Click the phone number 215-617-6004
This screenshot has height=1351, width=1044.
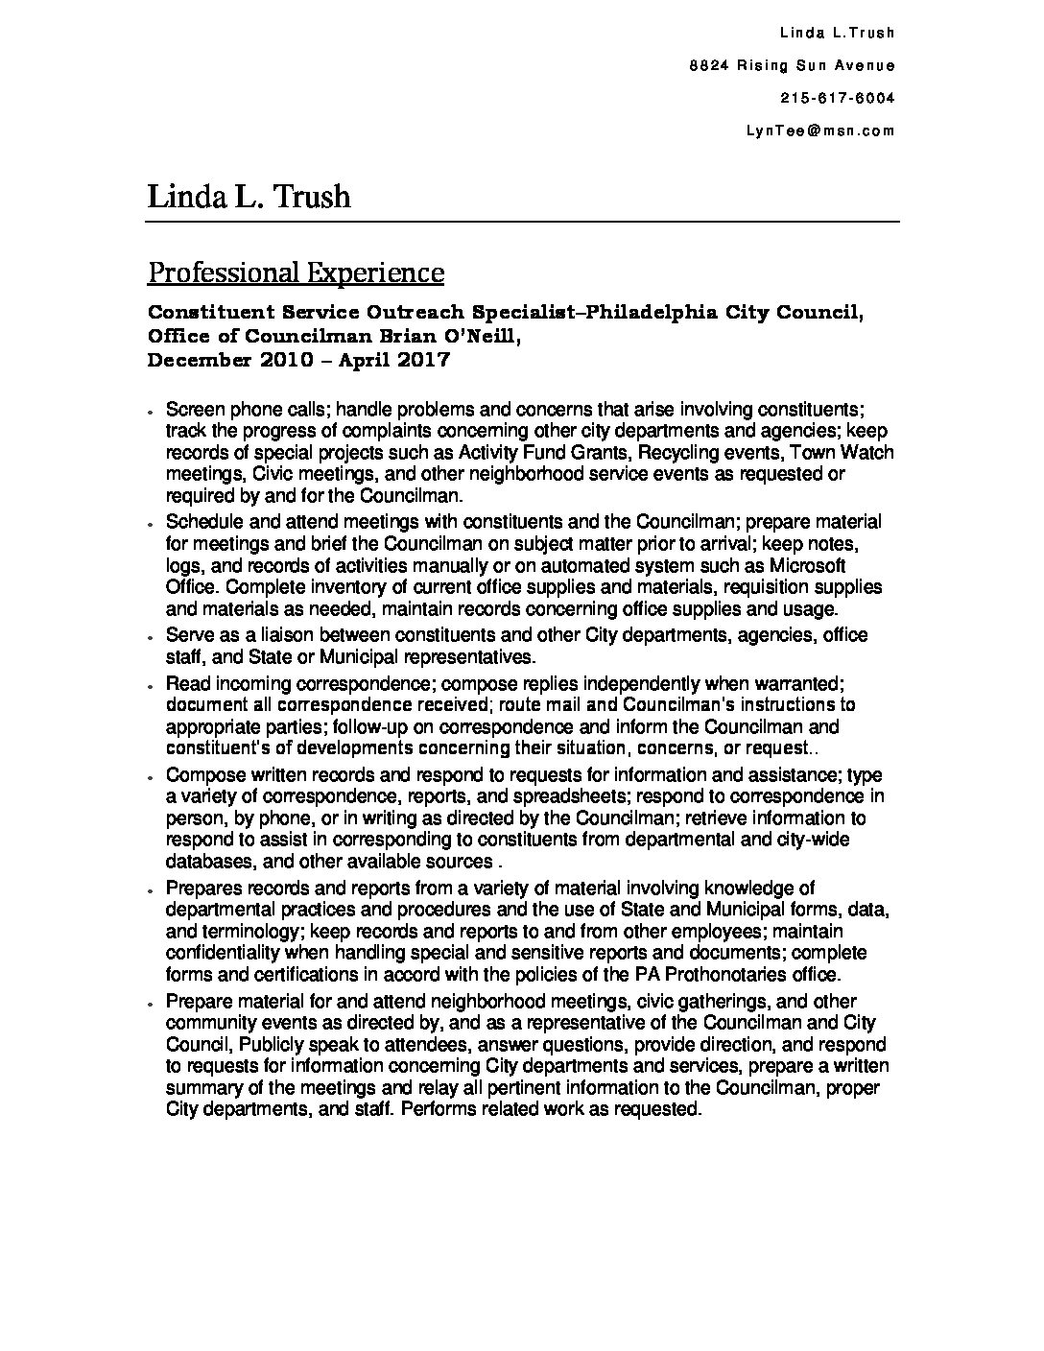pyautogui.click(x=838, y=98)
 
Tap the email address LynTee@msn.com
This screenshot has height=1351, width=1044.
pyautogui.click(x=819, y=130)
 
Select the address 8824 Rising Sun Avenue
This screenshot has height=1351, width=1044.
pyautogui.click(x=792, y=65)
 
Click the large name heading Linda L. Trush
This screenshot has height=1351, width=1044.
pyautogui.click(x=249, y=197)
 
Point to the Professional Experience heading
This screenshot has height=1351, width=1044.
pyautogui.click(x=296, y=273)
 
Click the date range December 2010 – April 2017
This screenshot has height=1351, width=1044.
pyautogui.click(x=298, y=361)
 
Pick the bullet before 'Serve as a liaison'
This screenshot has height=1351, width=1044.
pyautogui.click(x=152, y=638)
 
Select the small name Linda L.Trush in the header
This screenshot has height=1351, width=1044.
pyautogui.click(x=837, y=33)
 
